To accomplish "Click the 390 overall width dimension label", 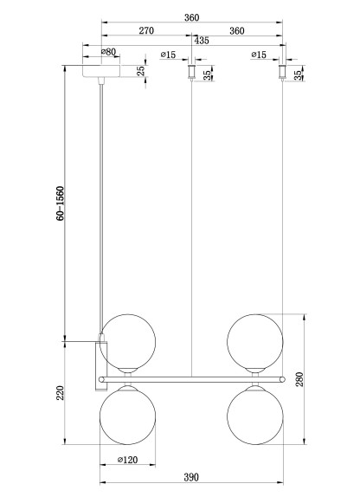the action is coord(191,477).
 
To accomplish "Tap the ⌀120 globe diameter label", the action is coord(127,460).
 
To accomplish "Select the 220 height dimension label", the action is coord(61,393).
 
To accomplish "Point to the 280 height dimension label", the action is coord(299,379).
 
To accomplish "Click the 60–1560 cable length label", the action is coord(60,203).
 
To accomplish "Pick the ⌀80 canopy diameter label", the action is coord(108,51).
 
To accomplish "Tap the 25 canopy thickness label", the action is coord(141,71).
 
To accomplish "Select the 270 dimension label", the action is coord(146,30).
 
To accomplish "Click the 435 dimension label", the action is coord(202,41).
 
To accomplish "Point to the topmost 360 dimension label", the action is coord(192,17).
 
